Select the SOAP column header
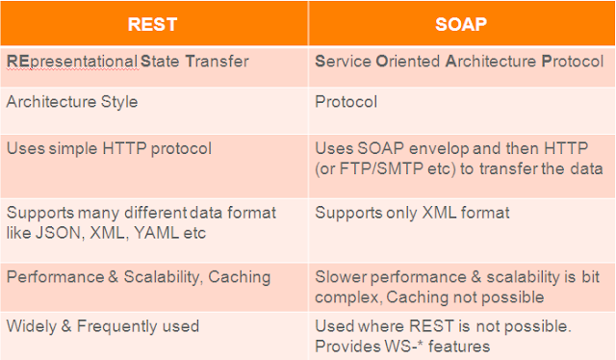click(x=461, y=24)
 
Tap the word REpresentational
click(x=72, y=63)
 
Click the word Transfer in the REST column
click(x=217, y=62)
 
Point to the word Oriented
click(x=408, y=62)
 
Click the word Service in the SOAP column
click(x=344, y=62)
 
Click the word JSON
click(x=59, y=233)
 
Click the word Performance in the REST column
click(x=56, y=277)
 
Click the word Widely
click(x=32, y=327)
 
